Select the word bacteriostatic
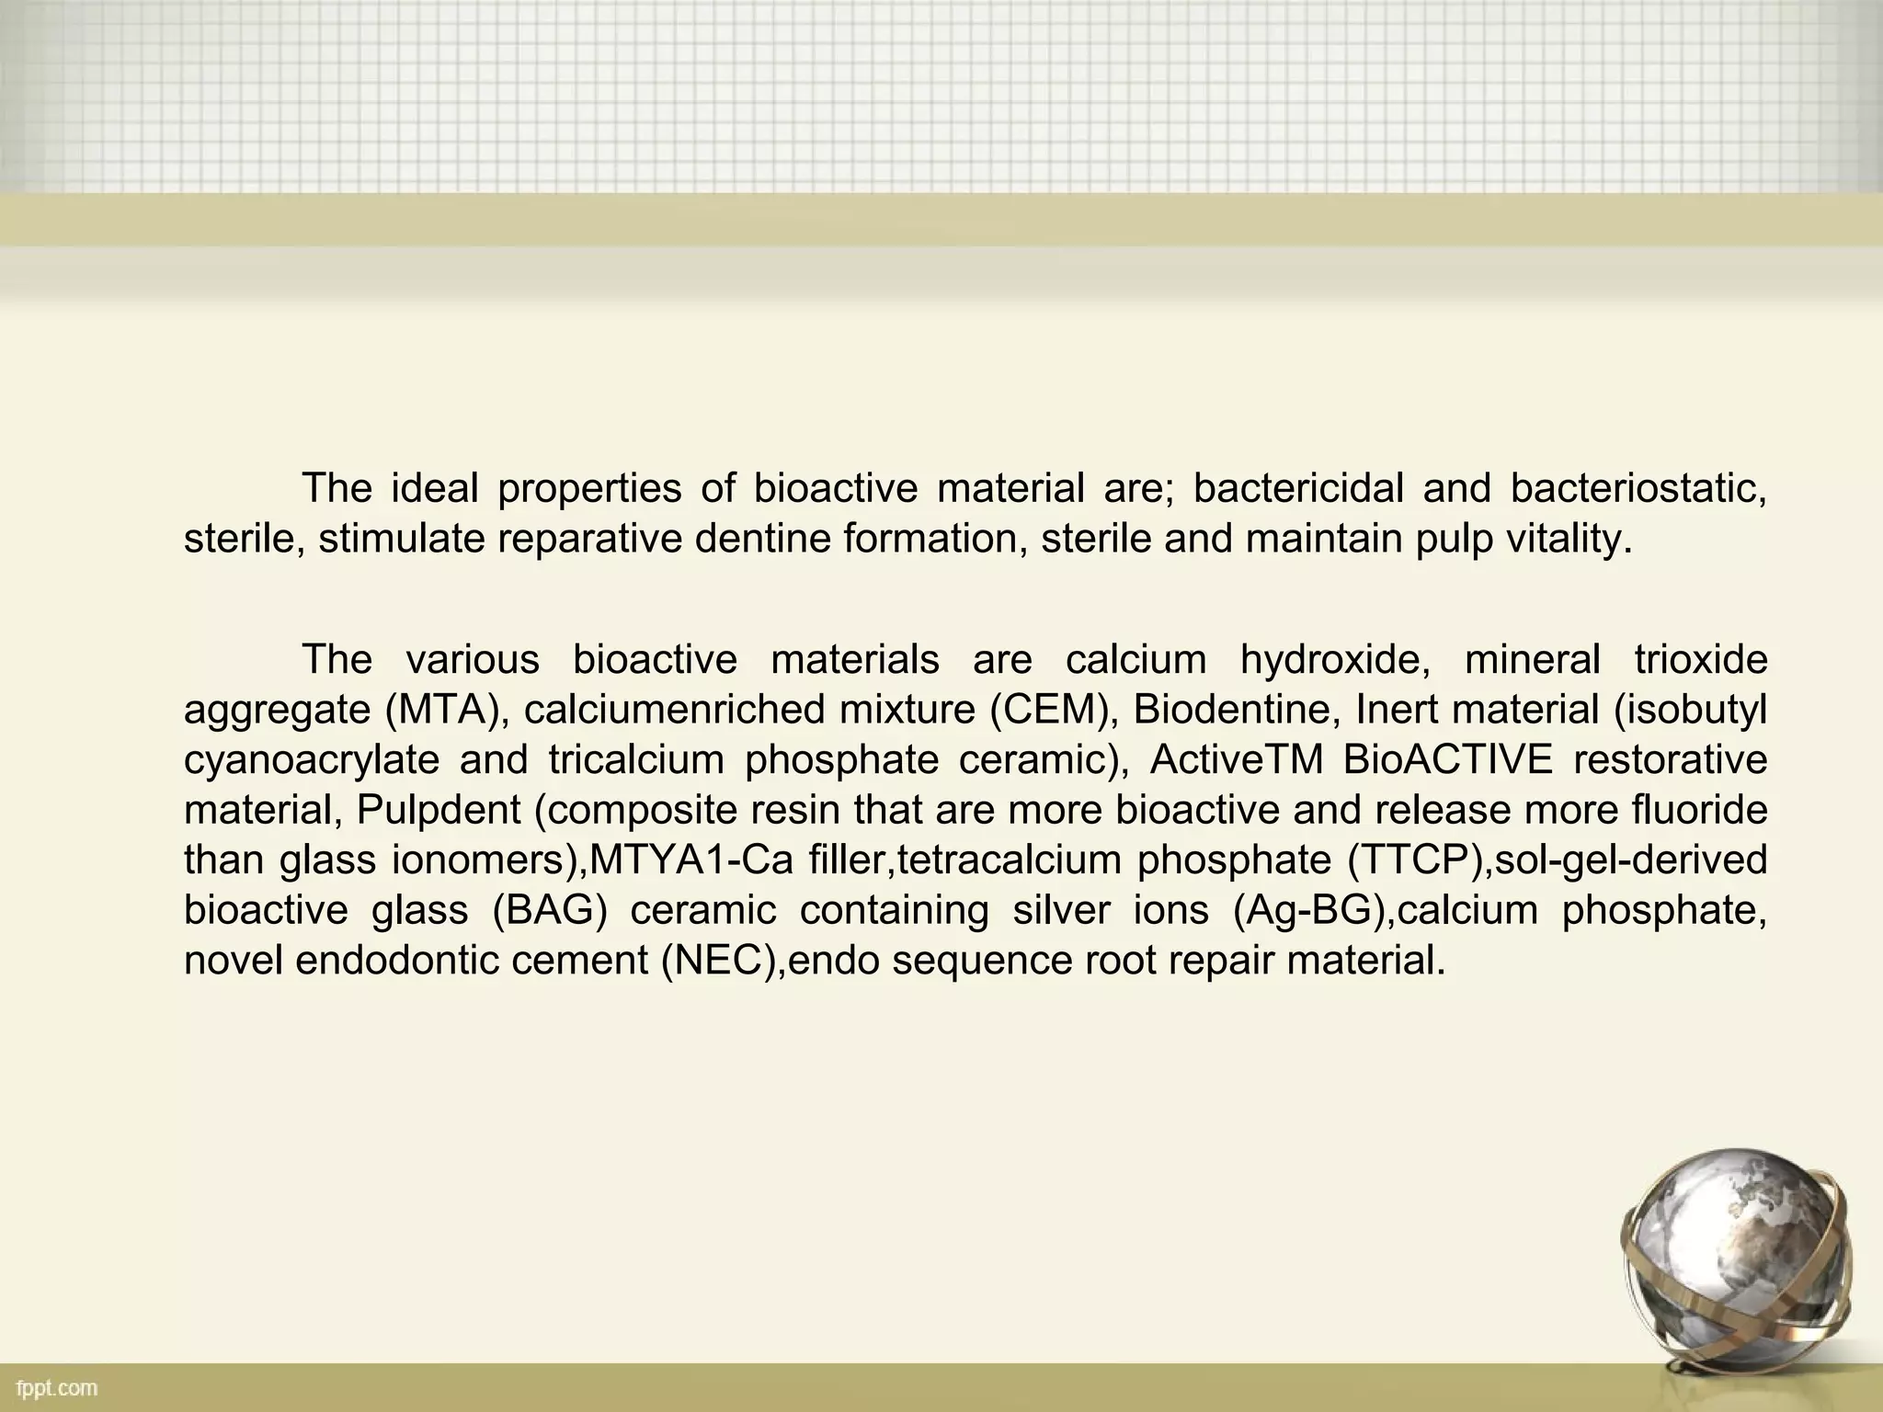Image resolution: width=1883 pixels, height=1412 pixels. [1638, 488]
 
